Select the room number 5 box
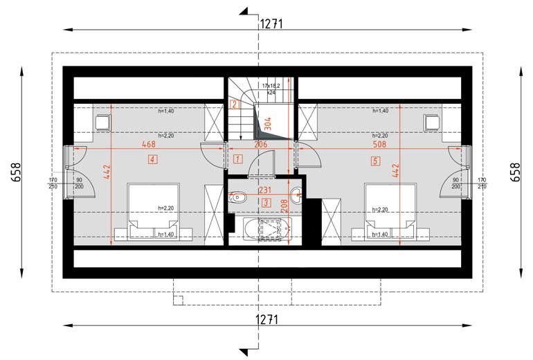(374, 161)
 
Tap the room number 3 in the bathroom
(267, 202)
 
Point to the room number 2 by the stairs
(235, 105)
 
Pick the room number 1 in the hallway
(238, 159)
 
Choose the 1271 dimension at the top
(271, 23)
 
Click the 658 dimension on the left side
(16, 171)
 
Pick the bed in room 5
(388, 211)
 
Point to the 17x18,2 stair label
(273, 86)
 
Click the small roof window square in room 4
(103, 123)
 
